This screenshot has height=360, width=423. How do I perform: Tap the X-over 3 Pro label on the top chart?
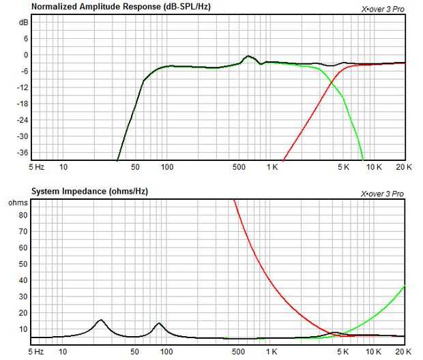click(x=382, y=10)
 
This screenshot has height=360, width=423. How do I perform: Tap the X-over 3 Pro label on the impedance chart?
click(x=382, y=194)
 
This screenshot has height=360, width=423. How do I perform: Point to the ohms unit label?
click(x=18, y=203)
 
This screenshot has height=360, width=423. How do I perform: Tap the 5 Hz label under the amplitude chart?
click(x=36, y=166)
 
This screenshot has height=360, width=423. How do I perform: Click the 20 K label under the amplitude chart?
click(x=404, y=166)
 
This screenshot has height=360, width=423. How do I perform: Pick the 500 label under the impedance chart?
click(x=238, y=351)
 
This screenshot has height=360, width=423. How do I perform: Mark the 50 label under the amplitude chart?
click(x=135, y=166)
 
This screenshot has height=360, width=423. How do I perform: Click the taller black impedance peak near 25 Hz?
click(x=101, y=320)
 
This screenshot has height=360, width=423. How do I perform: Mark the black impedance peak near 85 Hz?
click(x=159, y=323)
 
